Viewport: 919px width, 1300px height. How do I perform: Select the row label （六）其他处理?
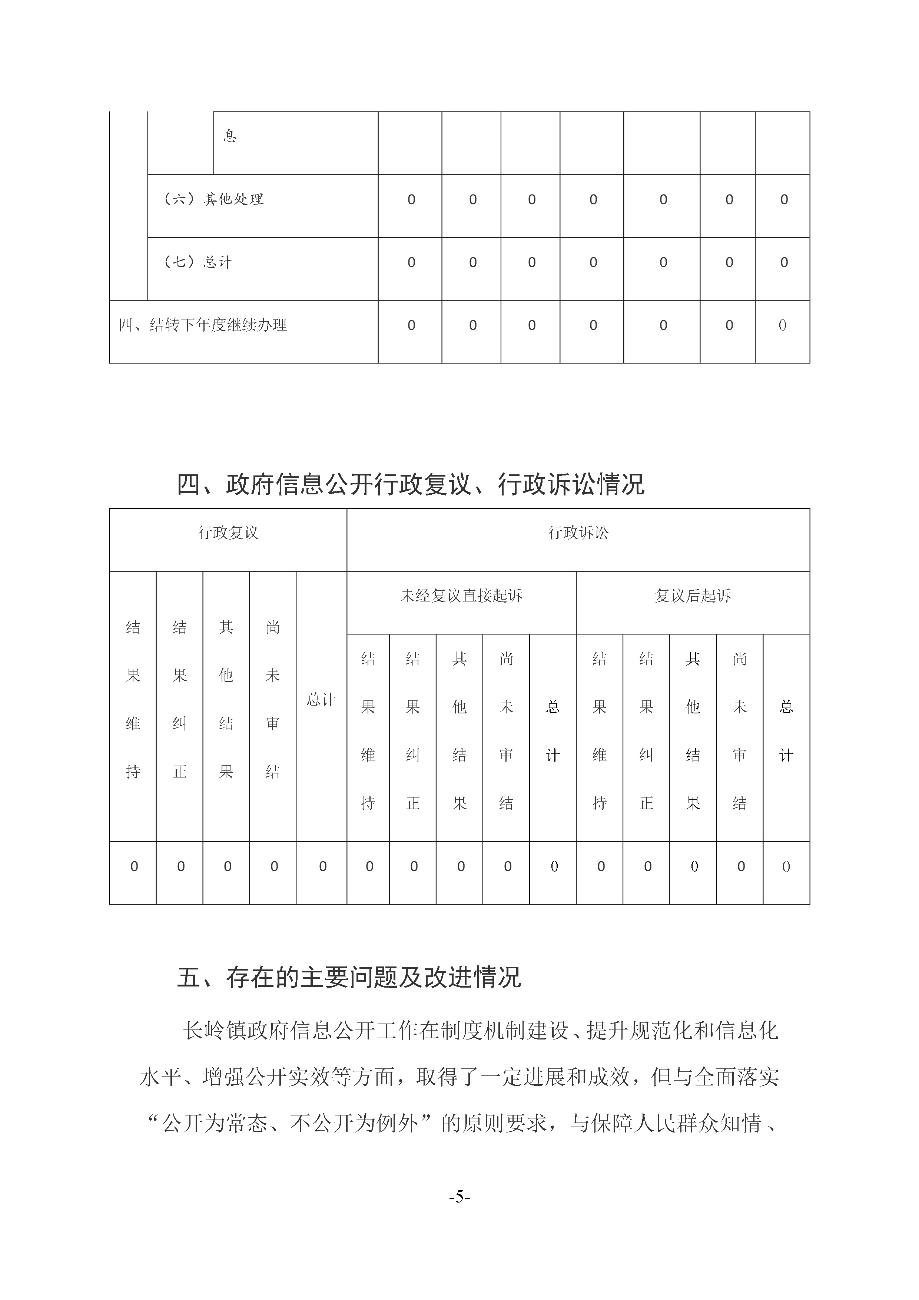(213, 199)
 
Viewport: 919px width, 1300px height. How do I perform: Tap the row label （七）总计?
(198, 262)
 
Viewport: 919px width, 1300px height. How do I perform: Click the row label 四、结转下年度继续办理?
(203, 325)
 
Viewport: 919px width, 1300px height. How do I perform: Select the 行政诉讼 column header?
(578, 533)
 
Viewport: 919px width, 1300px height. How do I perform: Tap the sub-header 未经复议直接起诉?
(461, 596)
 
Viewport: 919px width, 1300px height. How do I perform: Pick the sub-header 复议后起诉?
(693, 596)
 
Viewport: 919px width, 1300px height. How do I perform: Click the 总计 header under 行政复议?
(321, 700)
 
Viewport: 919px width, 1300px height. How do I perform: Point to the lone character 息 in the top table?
(230, 136)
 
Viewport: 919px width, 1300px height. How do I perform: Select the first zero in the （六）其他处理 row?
(411, 199)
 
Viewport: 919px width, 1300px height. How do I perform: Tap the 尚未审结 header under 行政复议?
(273, 699)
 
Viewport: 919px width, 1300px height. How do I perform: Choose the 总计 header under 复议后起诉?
(786, 730)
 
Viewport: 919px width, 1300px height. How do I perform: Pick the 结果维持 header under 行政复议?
(133, 699)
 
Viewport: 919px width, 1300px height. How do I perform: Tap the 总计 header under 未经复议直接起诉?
(553, 730)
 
